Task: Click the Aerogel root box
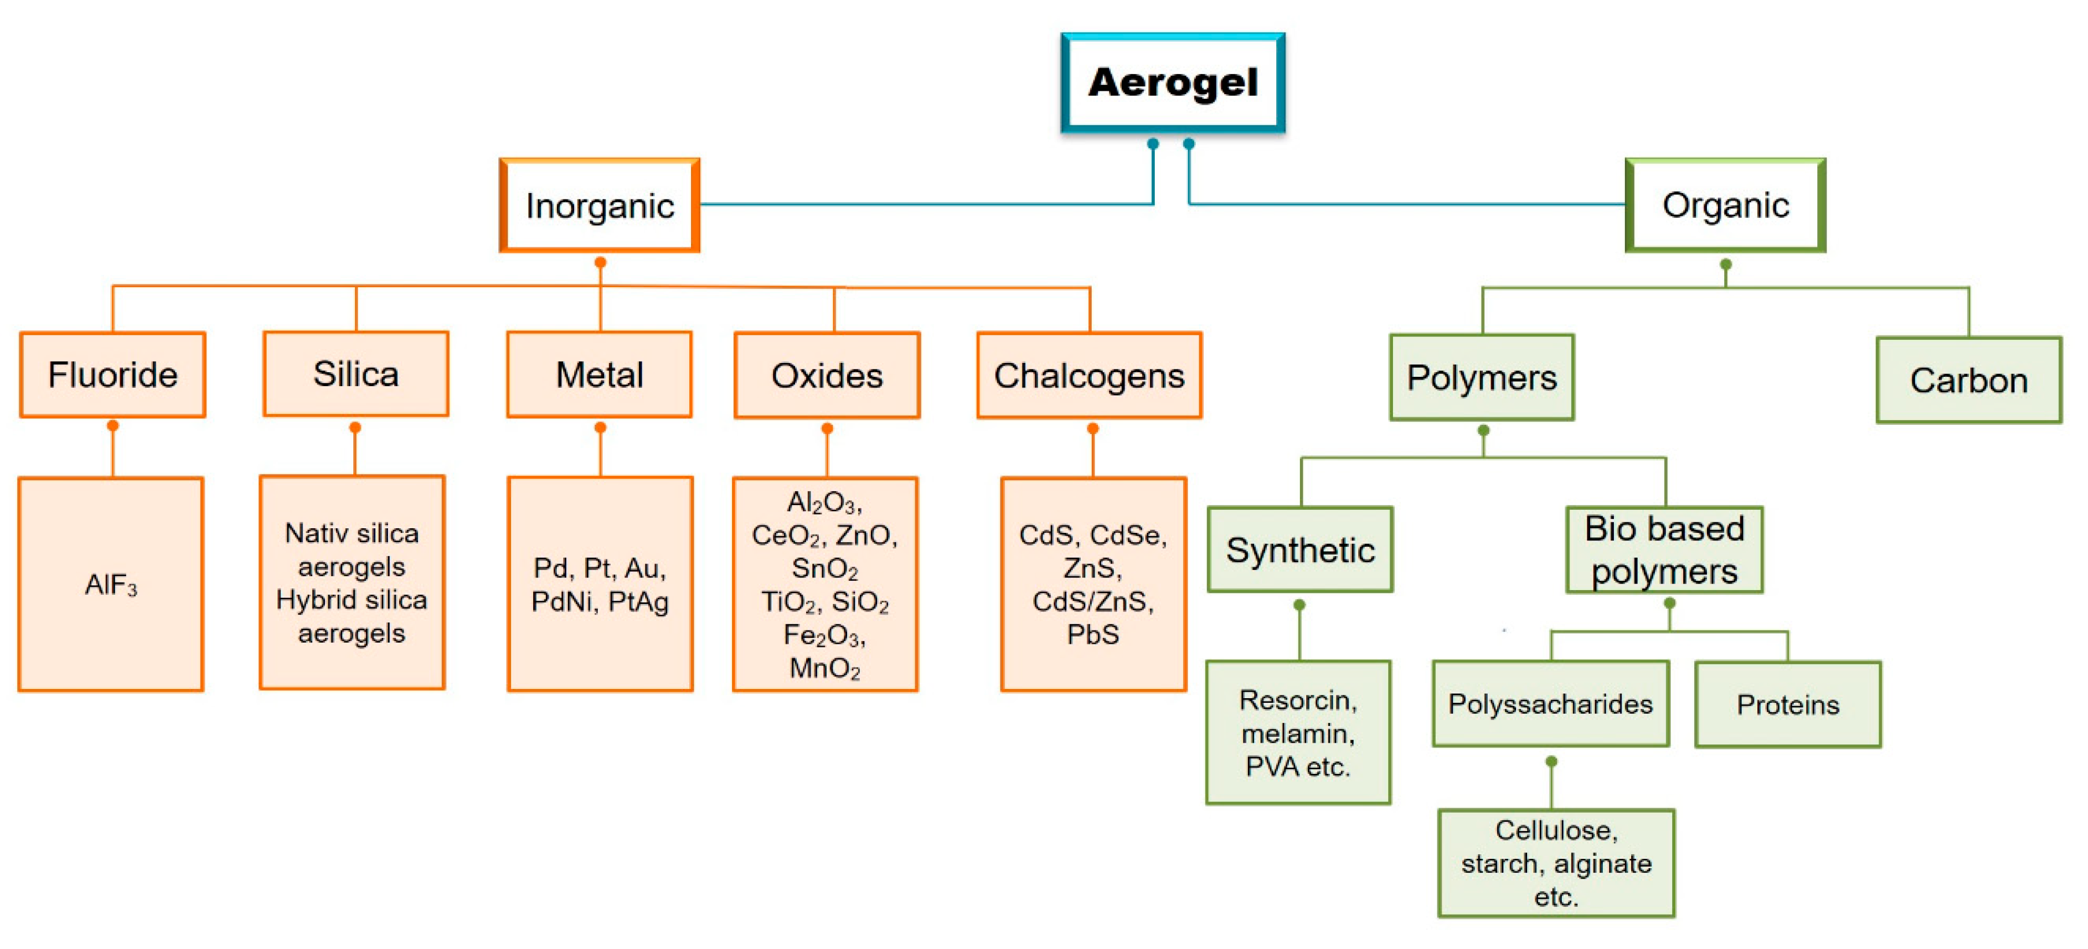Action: tap(1172, 83)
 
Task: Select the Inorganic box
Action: tap(599, 206)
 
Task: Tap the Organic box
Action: tap(1725, 206)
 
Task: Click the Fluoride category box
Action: tap(113, 375)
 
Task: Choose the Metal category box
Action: tap(599, 375)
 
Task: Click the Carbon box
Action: tap(1968, 380)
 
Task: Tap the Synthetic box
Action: tap(1300, 550)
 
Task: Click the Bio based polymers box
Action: tap(1664, 550)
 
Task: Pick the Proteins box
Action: tap(1787, 705)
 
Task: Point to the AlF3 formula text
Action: tap(111, 585)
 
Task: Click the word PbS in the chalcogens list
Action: tap(1093, 635)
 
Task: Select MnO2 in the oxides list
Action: tap(825, 669)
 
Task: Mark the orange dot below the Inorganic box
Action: tap(600, 262)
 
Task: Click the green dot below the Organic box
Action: tap(1725, 264)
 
